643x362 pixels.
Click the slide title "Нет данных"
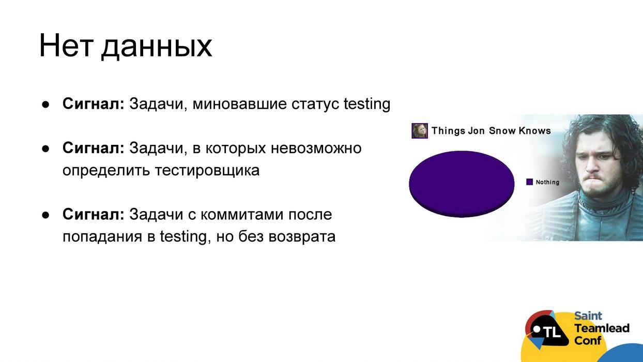point(125,46)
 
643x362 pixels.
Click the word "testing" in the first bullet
point(367,104)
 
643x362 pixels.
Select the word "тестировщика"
point(207,170)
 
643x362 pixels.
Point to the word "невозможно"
point(316,148)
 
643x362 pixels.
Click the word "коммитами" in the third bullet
point(242,214)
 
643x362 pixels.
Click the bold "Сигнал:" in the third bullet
point(93,214)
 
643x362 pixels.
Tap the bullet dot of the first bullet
point(45,104)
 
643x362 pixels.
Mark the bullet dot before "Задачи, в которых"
point(45,148)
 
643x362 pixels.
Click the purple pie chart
point(461,183)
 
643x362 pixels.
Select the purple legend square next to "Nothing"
point(529,182)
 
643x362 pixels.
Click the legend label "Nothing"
point(547,182)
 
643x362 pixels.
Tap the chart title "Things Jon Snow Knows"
point(491,131)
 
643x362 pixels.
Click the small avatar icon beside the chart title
point(419,131)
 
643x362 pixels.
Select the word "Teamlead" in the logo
point(602,328)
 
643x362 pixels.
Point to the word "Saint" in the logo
point(588,316)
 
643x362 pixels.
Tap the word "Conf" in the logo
point(588,341)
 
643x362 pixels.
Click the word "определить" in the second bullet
point(106,170)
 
